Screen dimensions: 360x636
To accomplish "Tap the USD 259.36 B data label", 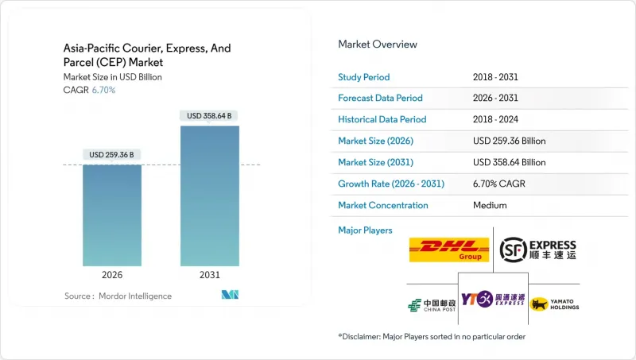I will point(112,154).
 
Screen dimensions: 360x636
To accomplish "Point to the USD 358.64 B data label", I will point(209,116).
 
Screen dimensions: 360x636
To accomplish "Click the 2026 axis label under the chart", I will point(112,276).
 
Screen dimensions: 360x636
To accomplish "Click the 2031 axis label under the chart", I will point(209,276).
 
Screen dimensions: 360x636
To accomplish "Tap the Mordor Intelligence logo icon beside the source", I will point(231,296).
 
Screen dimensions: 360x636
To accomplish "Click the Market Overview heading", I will point(378,44).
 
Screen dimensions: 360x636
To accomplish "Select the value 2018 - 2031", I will point(497,77).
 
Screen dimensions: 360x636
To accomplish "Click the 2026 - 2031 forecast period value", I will point(497,99).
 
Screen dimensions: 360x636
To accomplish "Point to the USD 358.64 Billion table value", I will point(509,162).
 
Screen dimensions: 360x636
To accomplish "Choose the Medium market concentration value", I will point(489,205).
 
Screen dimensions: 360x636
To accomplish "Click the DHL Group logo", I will point(449,250).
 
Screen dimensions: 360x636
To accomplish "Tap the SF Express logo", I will point(537,250).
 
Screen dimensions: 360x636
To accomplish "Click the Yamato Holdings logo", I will point(554,304).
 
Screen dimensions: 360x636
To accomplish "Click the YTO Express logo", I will point(493,300).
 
